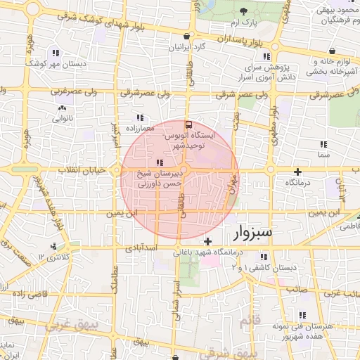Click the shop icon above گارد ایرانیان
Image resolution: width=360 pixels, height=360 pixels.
pos(186,36)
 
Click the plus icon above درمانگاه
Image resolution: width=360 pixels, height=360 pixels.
pos(298,172)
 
